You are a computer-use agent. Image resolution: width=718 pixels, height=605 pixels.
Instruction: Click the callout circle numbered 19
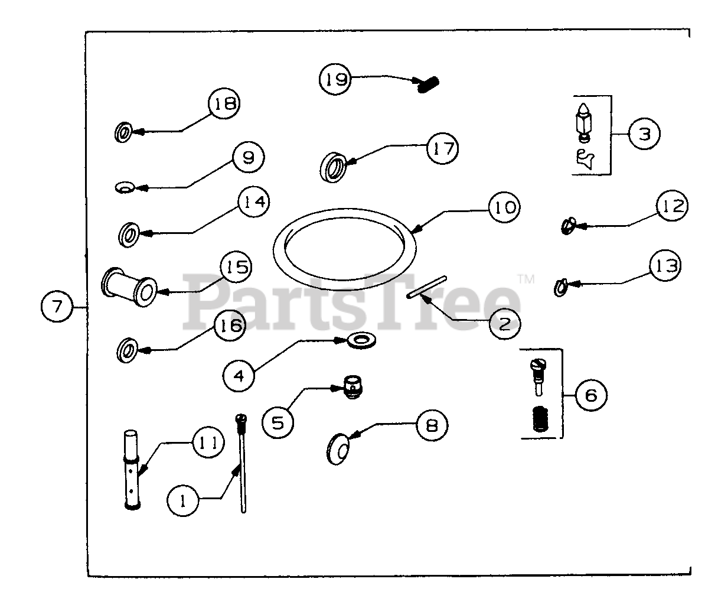pos(335,79)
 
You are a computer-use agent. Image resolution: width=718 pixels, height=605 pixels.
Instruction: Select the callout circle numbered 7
pos(57,307)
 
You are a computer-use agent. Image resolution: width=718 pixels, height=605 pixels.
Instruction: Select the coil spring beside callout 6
pos(538,420)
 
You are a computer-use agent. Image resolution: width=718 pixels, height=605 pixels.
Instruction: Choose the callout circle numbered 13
pos(664,265)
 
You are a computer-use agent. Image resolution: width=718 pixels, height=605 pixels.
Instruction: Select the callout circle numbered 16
pos(230,326)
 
